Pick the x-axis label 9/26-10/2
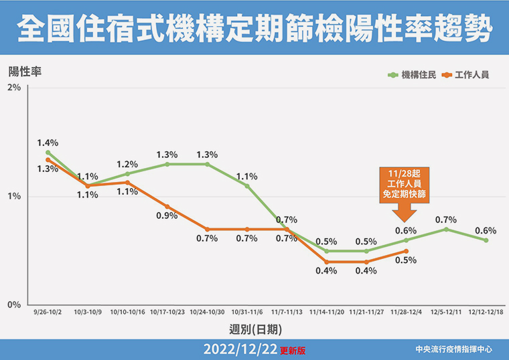click(x=48, y=312)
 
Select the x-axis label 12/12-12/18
click(x=486, y=312)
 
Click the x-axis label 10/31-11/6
click(x=246, y=312)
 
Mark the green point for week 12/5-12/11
click(x=446, y=230)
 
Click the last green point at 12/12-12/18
click(x=486, y=240)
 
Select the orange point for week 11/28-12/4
click(x=407, y=251)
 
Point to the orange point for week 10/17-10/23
click(x=167, y=207)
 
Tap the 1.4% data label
click(x=48, y=143)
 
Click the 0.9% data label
click(x=167, y=216)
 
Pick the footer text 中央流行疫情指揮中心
click(x=453, y=349)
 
